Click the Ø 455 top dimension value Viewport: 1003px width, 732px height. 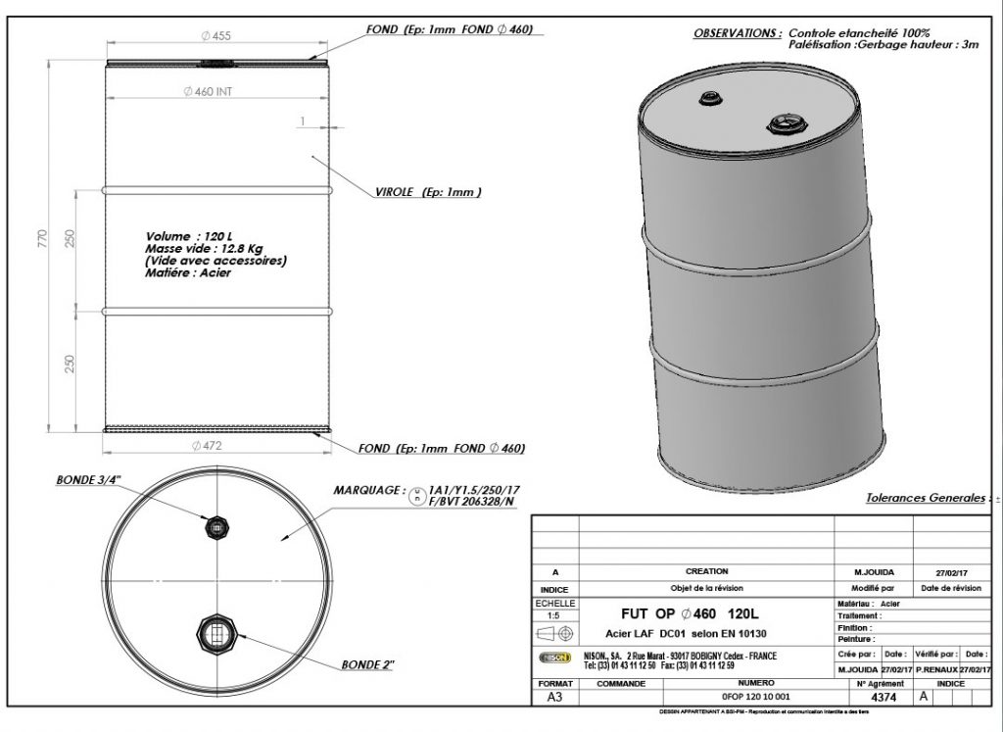tap(215, 36)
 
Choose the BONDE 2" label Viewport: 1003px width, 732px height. tap(368, 664)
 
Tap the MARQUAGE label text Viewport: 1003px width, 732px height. tap(367, 489)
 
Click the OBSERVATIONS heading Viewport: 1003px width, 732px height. tap(738, 32)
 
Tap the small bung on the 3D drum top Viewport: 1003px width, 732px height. tap(708, 99)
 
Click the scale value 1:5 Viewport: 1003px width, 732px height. tap(554, 615)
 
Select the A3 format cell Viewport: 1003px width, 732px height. tap(554, 698)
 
